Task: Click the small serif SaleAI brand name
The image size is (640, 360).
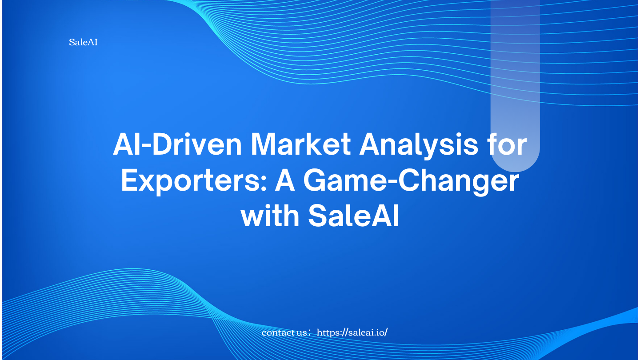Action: [x=83, y=42]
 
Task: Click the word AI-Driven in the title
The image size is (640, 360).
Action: [x=178, y=144]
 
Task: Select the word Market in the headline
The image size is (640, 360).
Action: [x=301, y=144]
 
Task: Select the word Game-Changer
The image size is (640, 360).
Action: [x=411, y=181]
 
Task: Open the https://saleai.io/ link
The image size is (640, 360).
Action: [x=352, y=332]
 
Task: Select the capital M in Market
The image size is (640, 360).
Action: [x=264, y=144]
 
